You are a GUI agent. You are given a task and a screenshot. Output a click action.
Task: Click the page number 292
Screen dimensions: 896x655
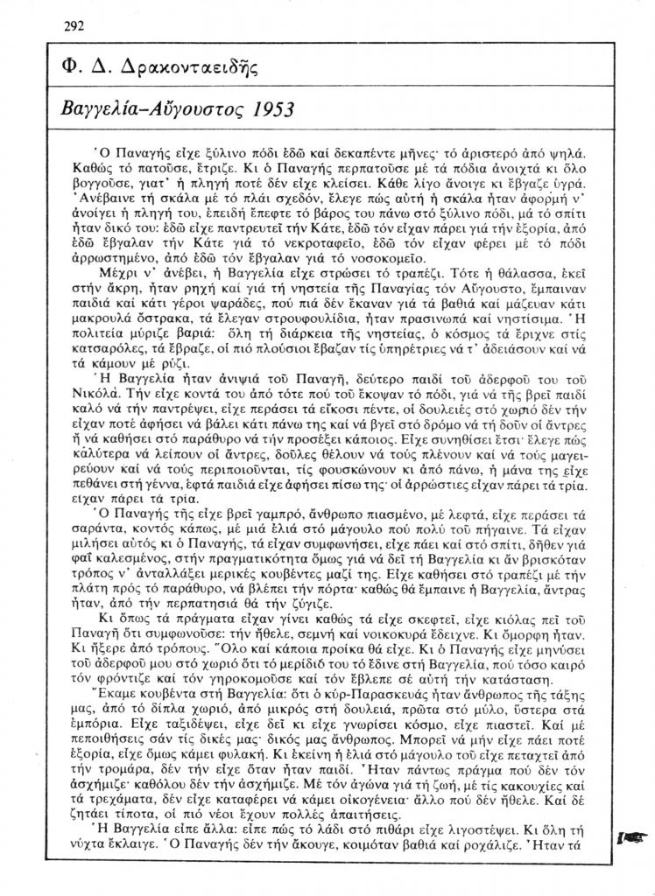[x=74, y=24]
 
